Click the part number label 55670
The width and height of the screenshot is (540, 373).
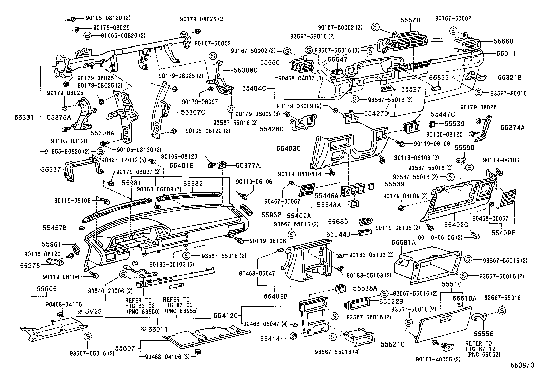(x=410, y=20)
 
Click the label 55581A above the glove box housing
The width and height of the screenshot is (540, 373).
(x=403, y=243)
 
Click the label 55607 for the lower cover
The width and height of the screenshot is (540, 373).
(x=125, y=348)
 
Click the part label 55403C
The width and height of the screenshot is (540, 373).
(x=288, y=148)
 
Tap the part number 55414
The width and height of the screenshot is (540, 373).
(x=270, y=338)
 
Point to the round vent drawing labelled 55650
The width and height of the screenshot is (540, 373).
(x=302, y=65)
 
